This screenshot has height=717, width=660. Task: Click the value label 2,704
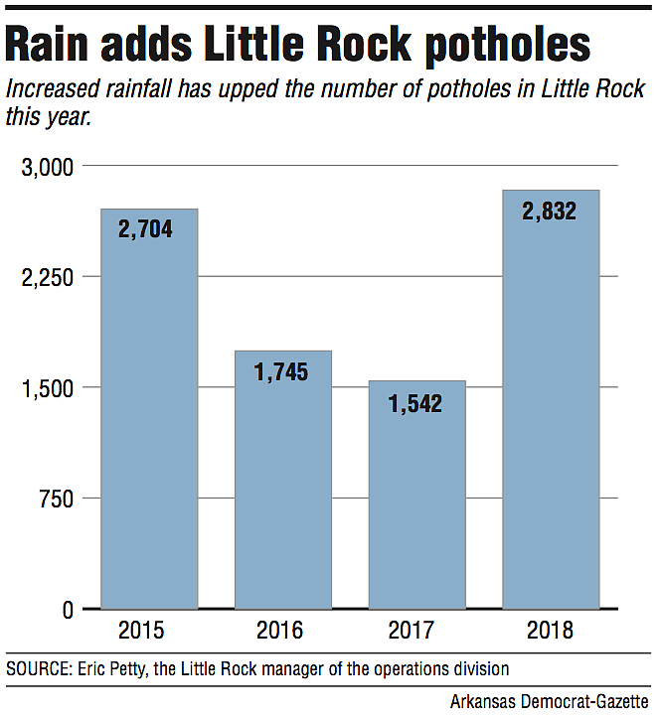[x=145, y=229]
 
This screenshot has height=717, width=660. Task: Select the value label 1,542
[x=414, y=403]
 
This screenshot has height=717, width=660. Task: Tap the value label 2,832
[x=550, y=211]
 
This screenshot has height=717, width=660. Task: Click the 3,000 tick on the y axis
[x=47, y=167]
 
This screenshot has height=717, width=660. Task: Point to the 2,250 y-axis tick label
[x=47, y=277]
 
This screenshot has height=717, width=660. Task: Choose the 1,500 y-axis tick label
[x=47, y=387]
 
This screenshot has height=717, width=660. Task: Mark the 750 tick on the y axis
[x=56, y=499]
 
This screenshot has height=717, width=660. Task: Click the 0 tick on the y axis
[x=68, y=609]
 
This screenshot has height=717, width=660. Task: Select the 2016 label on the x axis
[x=282, y=631]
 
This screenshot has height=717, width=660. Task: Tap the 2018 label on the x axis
[x=551, y=631]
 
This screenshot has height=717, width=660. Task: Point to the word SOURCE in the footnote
[x=37, y=667]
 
